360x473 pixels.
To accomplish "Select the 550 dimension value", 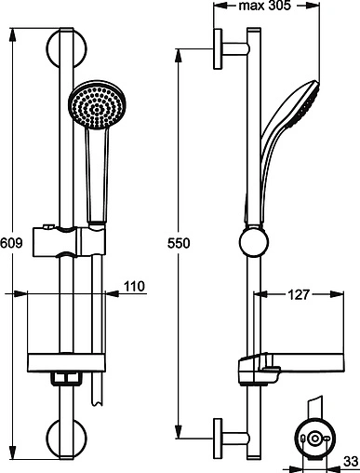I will pos(180,244).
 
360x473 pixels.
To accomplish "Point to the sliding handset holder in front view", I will pos(70,243).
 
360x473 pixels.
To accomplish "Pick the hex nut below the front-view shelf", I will pos(63,380).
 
